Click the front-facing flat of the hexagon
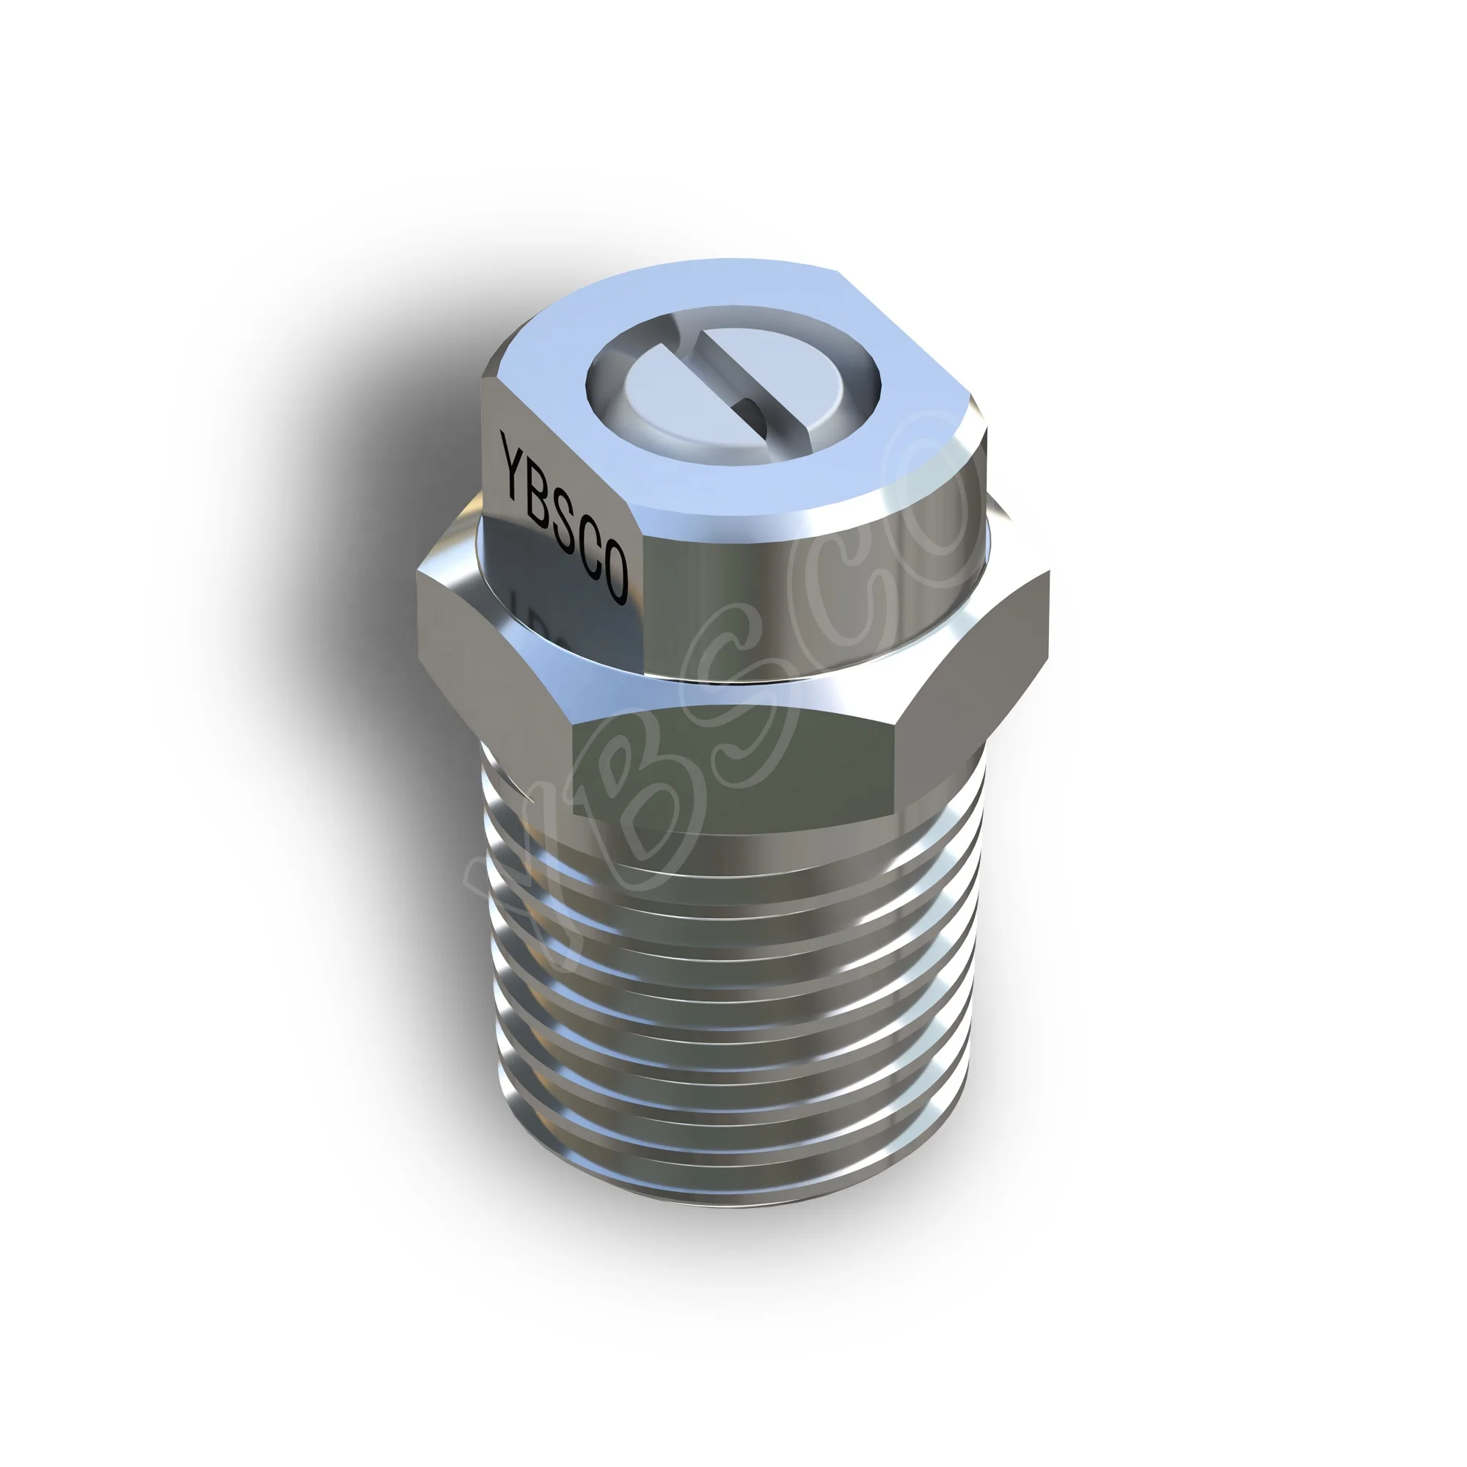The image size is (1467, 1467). [x=736, y=767]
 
